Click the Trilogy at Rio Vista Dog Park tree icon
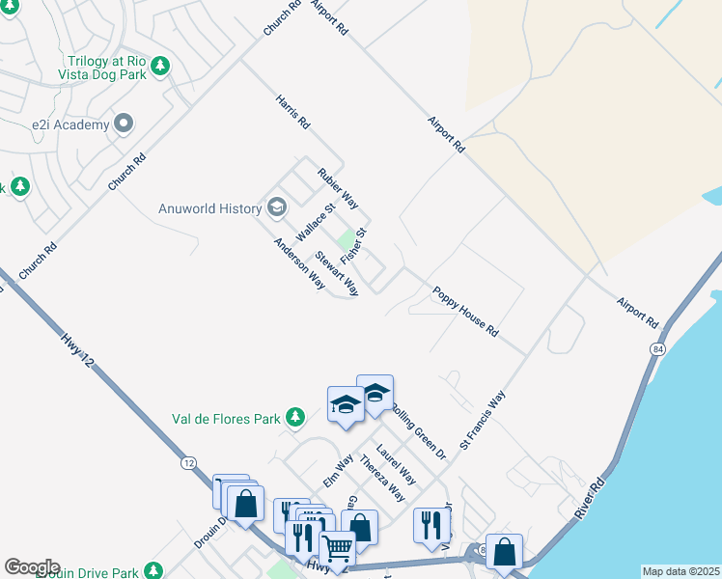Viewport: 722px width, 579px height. (161, 67)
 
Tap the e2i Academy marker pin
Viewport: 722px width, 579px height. (123, 124)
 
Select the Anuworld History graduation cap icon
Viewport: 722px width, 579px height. (277, 207)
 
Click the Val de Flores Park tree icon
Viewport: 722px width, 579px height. (295, 418)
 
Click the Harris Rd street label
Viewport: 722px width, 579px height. (292, 112)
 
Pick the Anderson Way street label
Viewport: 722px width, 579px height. (299, 263)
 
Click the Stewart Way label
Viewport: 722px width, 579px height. (337, 273)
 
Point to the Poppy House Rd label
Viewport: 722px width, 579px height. (465, 311)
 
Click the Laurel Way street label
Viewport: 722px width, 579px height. (396, 463)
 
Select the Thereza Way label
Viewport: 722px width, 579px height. (381, 477)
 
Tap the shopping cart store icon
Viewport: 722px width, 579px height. (337, 547)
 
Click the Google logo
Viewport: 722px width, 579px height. (32, 567)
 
